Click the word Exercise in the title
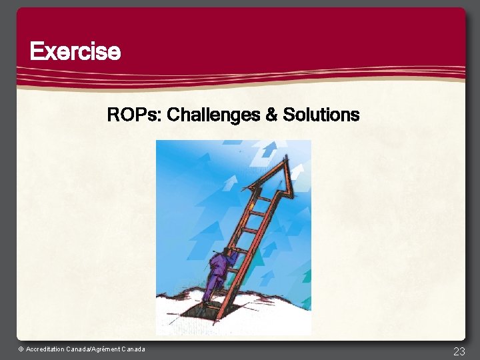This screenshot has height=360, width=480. click(75, 51)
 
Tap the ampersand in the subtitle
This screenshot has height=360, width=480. click(271, 115)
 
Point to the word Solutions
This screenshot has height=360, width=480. click(321, 115)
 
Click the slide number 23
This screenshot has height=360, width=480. click(459, 351)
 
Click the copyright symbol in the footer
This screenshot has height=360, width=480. click(21, 349)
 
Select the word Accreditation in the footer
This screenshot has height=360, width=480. click(45, 349)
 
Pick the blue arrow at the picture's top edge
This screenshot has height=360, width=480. click(269, 149)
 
